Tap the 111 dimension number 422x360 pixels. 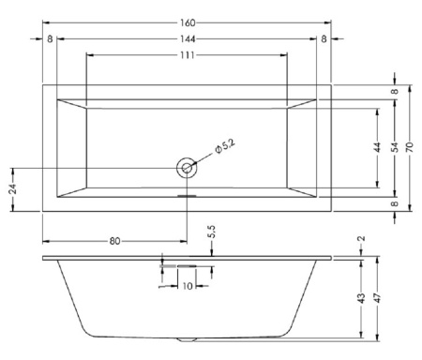click(x=187, y=58)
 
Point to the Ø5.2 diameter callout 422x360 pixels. click(x=224, y=147)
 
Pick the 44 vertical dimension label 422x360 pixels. click(x=377, y=147)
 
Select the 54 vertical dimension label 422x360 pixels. click(x=395, y=147)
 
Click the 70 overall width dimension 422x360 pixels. click(x=411, y=147)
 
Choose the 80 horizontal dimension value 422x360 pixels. click(x=114, y=241)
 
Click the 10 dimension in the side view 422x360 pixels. click(x=188, y=286)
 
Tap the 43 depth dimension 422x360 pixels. click(x=361, y=297)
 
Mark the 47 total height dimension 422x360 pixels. click(x=377, y=297)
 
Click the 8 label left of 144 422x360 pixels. click(x=49, y=38)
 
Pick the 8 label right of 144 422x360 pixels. click(x=324, y=38)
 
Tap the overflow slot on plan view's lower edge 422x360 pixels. click(x=187, y=197)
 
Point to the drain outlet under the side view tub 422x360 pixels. click(x=187, y=339)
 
